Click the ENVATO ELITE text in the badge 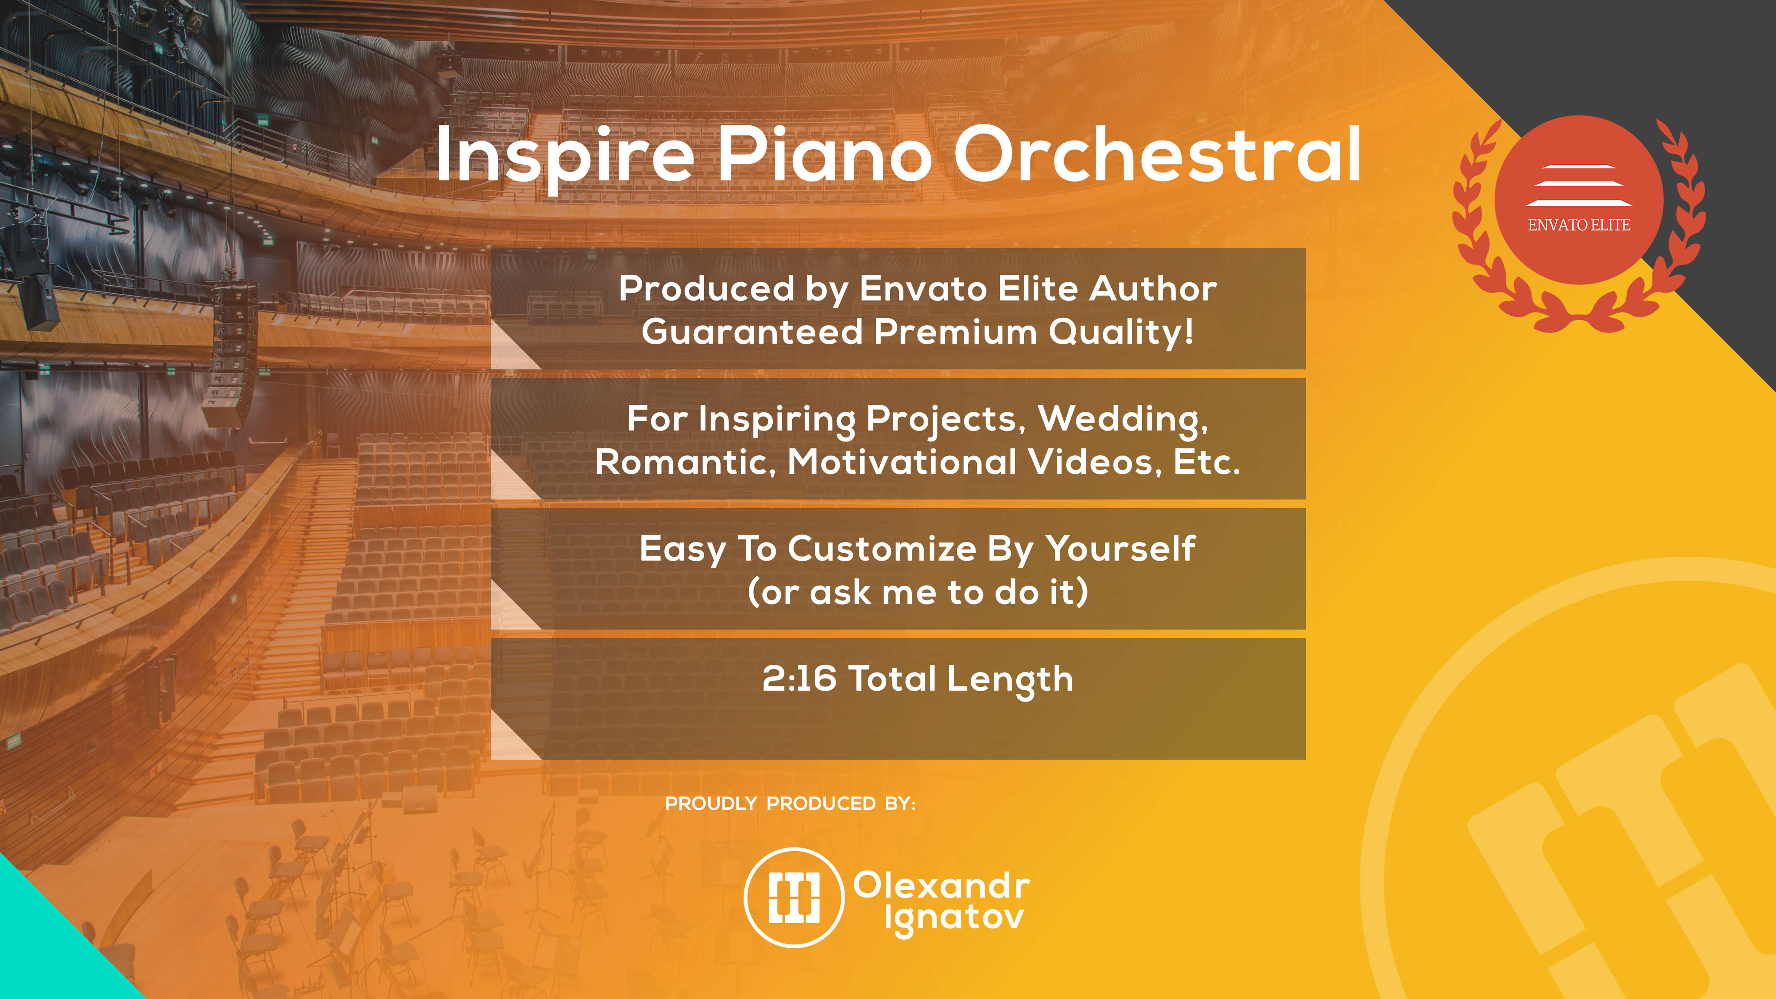[1579, 225]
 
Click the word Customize [882, 549]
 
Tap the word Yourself [1120, 549]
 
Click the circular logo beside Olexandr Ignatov [794, 898]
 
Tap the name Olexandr [942, 885]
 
